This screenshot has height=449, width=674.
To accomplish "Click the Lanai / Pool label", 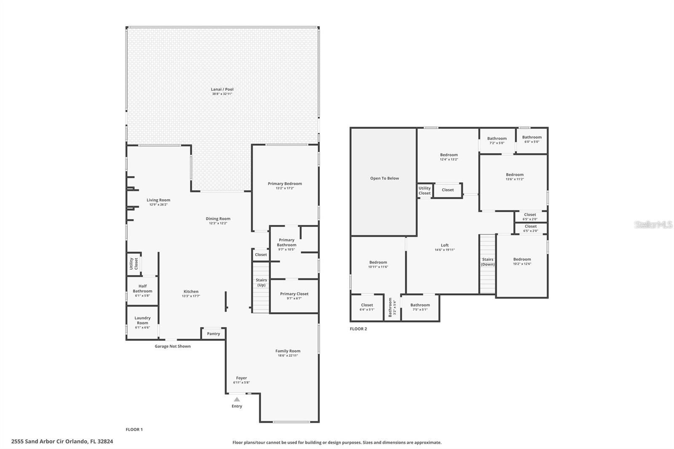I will pyautogui.click(x=222, y=89).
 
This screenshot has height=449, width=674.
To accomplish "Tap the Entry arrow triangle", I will pyautogui.click(x=237, y=399).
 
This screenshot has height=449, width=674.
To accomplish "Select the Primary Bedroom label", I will pyautogui.click(x=285, y=184).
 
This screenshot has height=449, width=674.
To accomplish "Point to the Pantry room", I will pyautogui.click(x=214, y=334).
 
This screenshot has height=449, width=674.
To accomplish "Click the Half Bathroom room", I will pyautogui.click(x=142, y=291).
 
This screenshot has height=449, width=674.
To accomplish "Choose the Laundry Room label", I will pyautogui.click(x=142, y=321).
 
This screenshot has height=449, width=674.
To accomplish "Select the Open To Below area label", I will pyautogui.click(x=384, y=178).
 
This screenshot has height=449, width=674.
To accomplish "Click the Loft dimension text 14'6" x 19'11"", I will pyautogui.click(x=444, y=250).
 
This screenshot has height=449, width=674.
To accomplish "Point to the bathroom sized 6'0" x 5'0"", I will pyautogui.click(x=532, y=140).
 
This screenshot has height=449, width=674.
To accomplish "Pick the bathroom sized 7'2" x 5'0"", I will pyautogui.click(x=497, y=141).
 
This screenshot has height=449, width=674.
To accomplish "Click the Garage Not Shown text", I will pyautogui.click(x=172, y=346).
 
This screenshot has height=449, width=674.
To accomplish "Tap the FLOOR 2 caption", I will pyautogui.click(x=358, y=329).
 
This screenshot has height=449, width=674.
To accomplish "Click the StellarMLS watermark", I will pyautogui.click(x=653, y=225).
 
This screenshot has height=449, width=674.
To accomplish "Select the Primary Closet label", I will pyautogui.click(x=294, y=294).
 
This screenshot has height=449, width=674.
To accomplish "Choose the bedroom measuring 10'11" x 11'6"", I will pyautogui.click(x=378, y=265).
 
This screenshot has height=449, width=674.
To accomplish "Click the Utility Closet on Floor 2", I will pyautogui.click(x=425, y=191).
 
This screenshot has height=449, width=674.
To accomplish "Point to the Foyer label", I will pyautogui.click(x=241, y=378).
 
